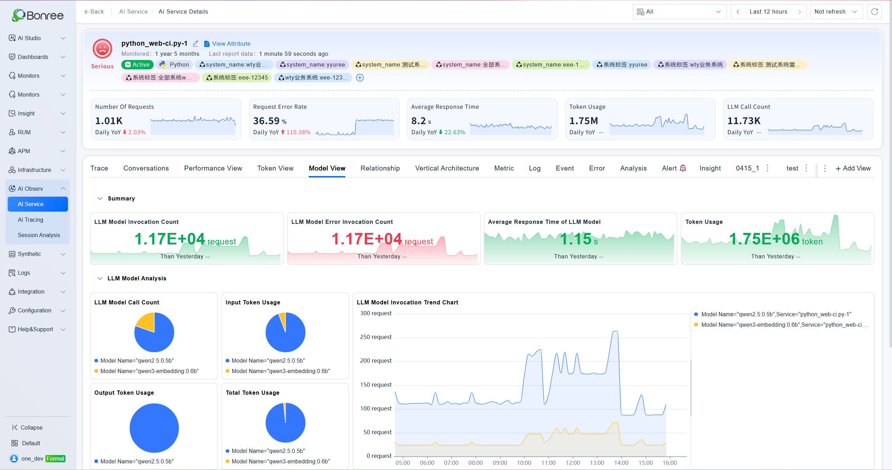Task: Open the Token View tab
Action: pyautogui.click(x=275, y=168)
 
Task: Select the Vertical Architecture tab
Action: pyautogui.click(x=447, y=168)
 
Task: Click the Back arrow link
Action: pyautogui.click(x=94, y=12)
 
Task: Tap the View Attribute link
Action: pyautogui.click(x=227, y=44)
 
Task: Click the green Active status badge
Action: pyautogui.click(x=137, y=65)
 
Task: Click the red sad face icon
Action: pyautogui.click(x=102, y=48)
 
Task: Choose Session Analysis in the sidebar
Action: pyautogui.click(x=39, y=235)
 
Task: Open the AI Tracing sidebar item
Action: pyautogui.click(x=30, y=220)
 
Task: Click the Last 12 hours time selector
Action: pyautogui.click(x=768, y=12)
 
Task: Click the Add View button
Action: pyautogui.click(x=853, y=168)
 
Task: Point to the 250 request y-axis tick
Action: pyautogui.click(x=376, y=337)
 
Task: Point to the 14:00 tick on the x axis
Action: pyautogui.click(x=621, y=463)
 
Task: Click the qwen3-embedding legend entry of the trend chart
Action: pyautogui.click(x=781, y=325)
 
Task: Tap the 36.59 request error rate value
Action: pyautogui.click(x=266, y=121)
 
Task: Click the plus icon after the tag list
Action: pyautogui.click(x=360, y=78)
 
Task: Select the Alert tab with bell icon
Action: pyautogui.click(x=674, y=168)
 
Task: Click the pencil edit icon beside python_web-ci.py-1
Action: pyautogui.click(x=195, y=44)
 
